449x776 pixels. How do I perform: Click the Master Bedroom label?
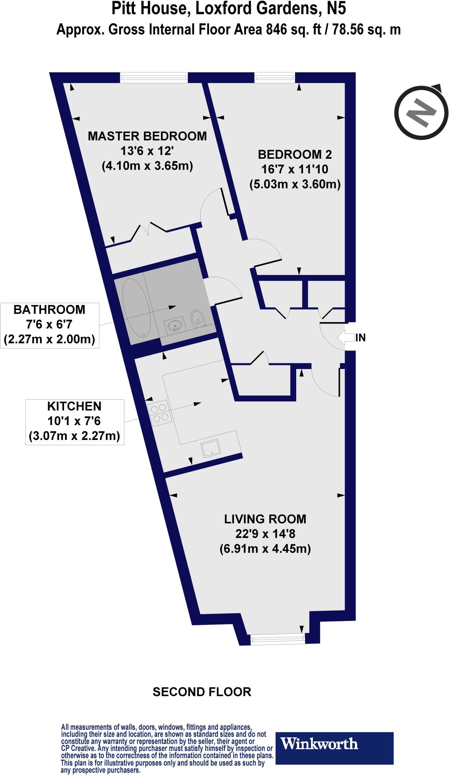(x=148, y=136)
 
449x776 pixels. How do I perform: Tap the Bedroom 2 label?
(x=295, y=154)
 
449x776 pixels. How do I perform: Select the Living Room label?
(x=265, y=519)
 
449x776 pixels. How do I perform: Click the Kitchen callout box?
(x=74, y=421)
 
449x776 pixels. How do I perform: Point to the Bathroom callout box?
(x=49, y=325)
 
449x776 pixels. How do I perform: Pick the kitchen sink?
(x=210, y=449)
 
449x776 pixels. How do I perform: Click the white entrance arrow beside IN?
(x=345, y=337)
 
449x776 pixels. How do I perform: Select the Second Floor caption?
(x=202, y=692)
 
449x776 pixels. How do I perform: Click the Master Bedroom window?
(x=154, y=78)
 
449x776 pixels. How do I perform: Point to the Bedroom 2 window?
(x=275, y=78)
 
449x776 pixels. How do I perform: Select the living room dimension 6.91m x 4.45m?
(x=265, y=549)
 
